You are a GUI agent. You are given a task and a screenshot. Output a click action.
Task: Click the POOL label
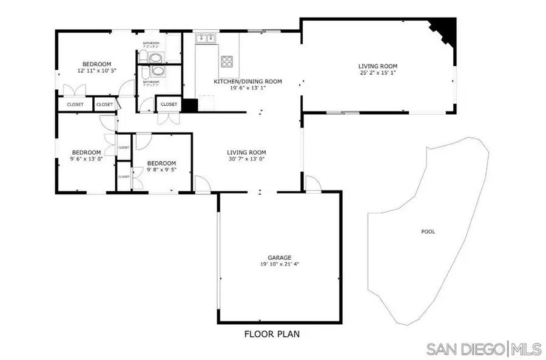(428, 231)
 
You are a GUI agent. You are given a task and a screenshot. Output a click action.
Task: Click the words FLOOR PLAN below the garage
(272, 333)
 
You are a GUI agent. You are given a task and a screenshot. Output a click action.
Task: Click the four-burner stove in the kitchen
(227, 61)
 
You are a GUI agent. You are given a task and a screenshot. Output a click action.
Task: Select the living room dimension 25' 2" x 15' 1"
(377, 73)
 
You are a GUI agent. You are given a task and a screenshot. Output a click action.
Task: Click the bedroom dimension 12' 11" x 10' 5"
(96, 71)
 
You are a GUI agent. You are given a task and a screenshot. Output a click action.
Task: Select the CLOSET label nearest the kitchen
(169, 104)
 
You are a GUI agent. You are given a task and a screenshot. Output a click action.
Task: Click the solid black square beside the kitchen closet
(190, 105)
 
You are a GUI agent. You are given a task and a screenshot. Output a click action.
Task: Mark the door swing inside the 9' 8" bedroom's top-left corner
(141, 142)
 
